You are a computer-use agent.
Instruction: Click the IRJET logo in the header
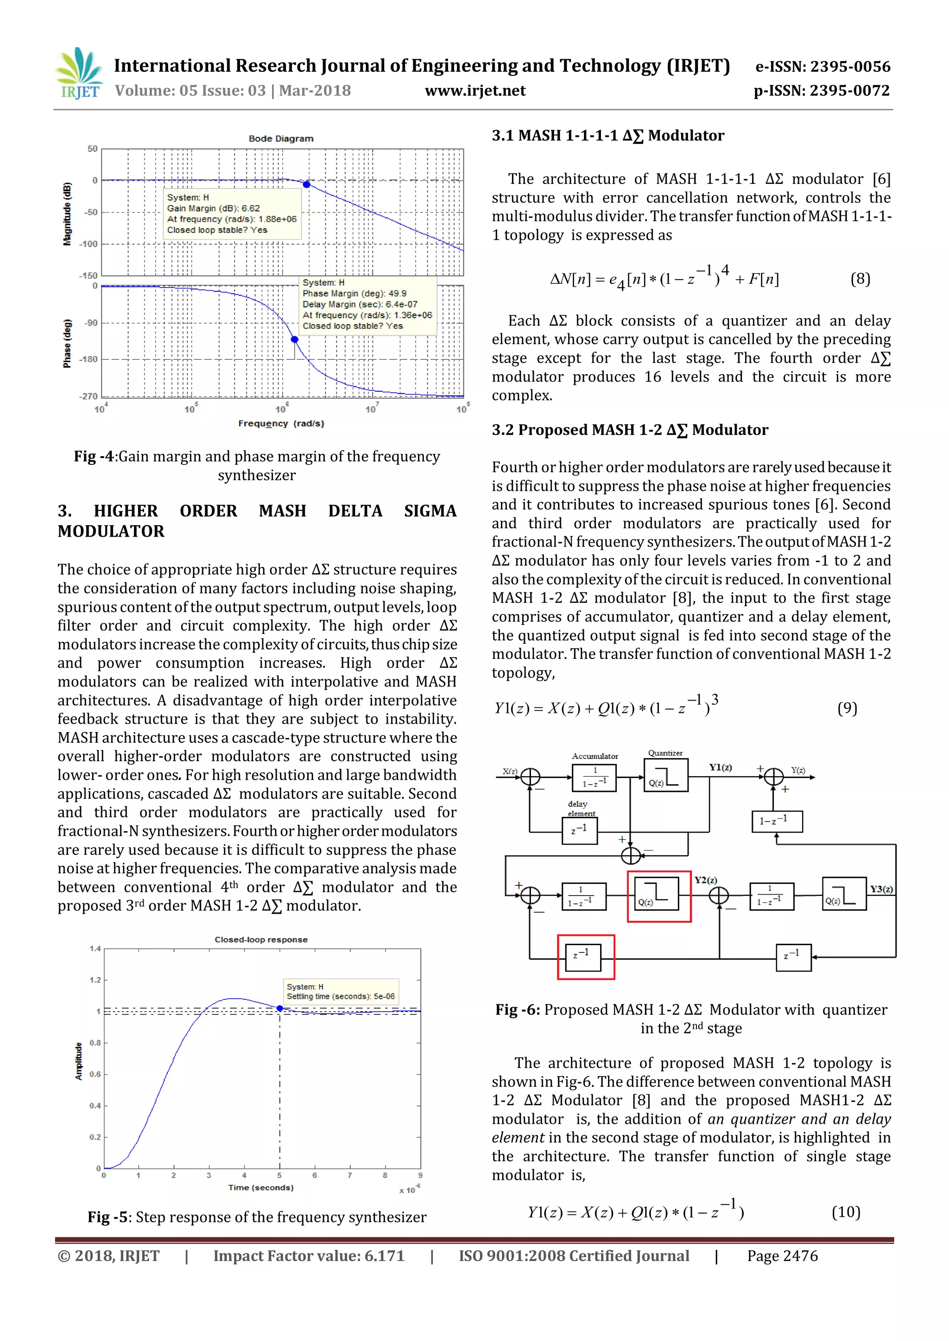pos(79,74)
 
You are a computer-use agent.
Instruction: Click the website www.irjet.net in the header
pos(474,91)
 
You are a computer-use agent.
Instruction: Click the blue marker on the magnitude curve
pos(306,185)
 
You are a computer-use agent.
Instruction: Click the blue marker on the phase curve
pos(295,339)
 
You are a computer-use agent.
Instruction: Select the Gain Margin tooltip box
pos(232,214)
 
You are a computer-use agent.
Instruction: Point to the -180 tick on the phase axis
pos(89,359)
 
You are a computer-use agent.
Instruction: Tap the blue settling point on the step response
pos(280,1008)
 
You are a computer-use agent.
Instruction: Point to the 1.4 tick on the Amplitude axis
pos(95,948)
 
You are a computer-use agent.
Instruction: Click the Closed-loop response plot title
pos(260,940)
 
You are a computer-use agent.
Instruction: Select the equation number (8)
pos(860,279)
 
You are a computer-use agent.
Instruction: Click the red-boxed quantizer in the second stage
pos(658,896)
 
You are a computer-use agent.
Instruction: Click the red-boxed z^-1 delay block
pos(586,957)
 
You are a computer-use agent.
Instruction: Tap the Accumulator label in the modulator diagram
pos(595,756)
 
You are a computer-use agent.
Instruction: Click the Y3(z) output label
pos(880,889)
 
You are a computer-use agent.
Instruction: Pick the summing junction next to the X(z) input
pos(530,777)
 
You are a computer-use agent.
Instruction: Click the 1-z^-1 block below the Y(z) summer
pos(777,821)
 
